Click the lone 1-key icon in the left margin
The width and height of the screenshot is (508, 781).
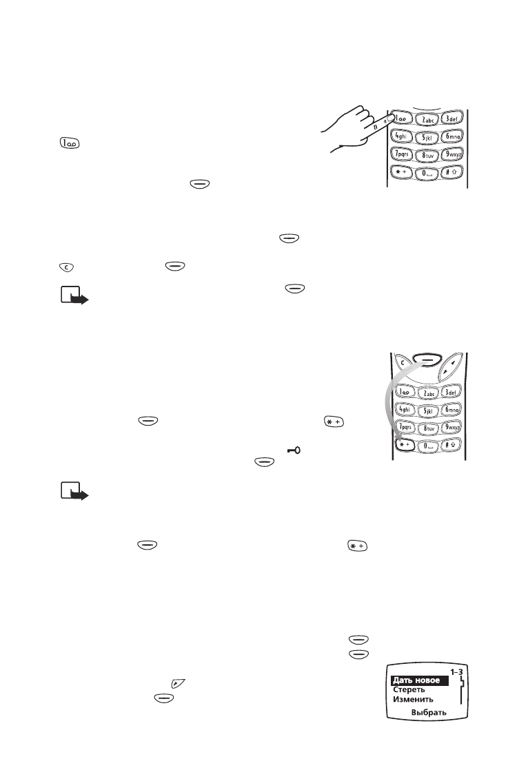[69, 143]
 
